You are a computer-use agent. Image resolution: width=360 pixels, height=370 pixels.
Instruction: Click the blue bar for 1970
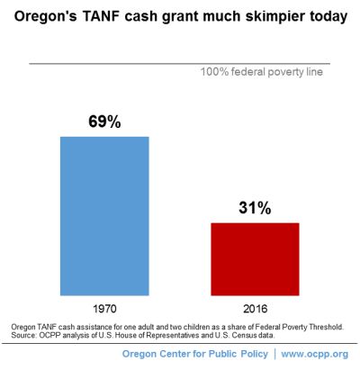[104, 216]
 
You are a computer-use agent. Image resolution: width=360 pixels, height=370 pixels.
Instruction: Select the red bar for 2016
[255, 259]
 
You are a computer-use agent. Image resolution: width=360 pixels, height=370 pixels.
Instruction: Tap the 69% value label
[104, 122]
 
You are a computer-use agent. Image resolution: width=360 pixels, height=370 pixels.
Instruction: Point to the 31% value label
[255, 208]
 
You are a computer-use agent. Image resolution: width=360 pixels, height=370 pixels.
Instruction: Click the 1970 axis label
[104, 309]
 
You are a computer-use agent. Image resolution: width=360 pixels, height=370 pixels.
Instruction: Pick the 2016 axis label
[255, 309]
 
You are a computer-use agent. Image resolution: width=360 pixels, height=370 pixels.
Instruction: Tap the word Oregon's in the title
[46, 17]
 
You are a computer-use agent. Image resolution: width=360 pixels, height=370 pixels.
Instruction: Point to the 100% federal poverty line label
[262, 72]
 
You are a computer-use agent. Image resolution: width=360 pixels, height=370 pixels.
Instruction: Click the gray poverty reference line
[179, 64]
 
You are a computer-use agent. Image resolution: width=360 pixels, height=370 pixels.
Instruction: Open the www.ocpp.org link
[315, 354]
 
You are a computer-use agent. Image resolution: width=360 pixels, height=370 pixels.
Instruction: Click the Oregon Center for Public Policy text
[195, 354]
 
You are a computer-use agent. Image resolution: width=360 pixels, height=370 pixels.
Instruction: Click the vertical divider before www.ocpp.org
[274, 354]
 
